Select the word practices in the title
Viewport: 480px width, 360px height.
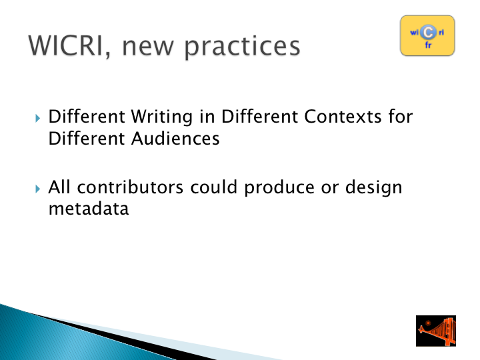point(242,48)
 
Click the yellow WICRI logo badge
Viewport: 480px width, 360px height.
point(427,35)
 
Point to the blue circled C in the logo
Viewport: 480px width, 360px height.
point(428,32)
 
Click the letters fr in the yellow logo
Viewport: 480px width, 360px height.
point(428,45)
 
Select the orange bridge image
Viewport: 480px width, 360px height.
point(436,331)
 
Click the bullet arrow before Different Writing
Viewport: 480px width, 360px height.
point(37,118)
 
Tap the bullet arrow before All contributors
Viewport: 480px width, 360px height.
point(37,189)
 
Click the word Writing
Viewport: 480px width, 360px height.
point(162,117)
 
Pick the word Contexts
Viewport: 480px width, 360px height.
point(343,117)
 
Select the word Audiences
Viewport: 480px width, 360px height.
point(175,139)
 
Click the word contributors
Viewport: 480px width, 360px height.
point(130,187)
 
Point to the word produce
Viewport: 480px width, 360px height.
point(279,188)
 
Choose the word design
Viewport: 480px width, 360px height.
point(373,188)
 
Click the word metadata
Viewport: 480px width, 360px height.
point(89,209)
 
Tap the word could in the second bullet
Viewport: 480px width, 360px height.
point(214,187)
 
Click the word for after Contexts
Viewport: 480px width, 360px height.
point(401,117)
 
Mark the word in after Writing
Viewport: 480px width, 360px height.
point(207,117)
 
